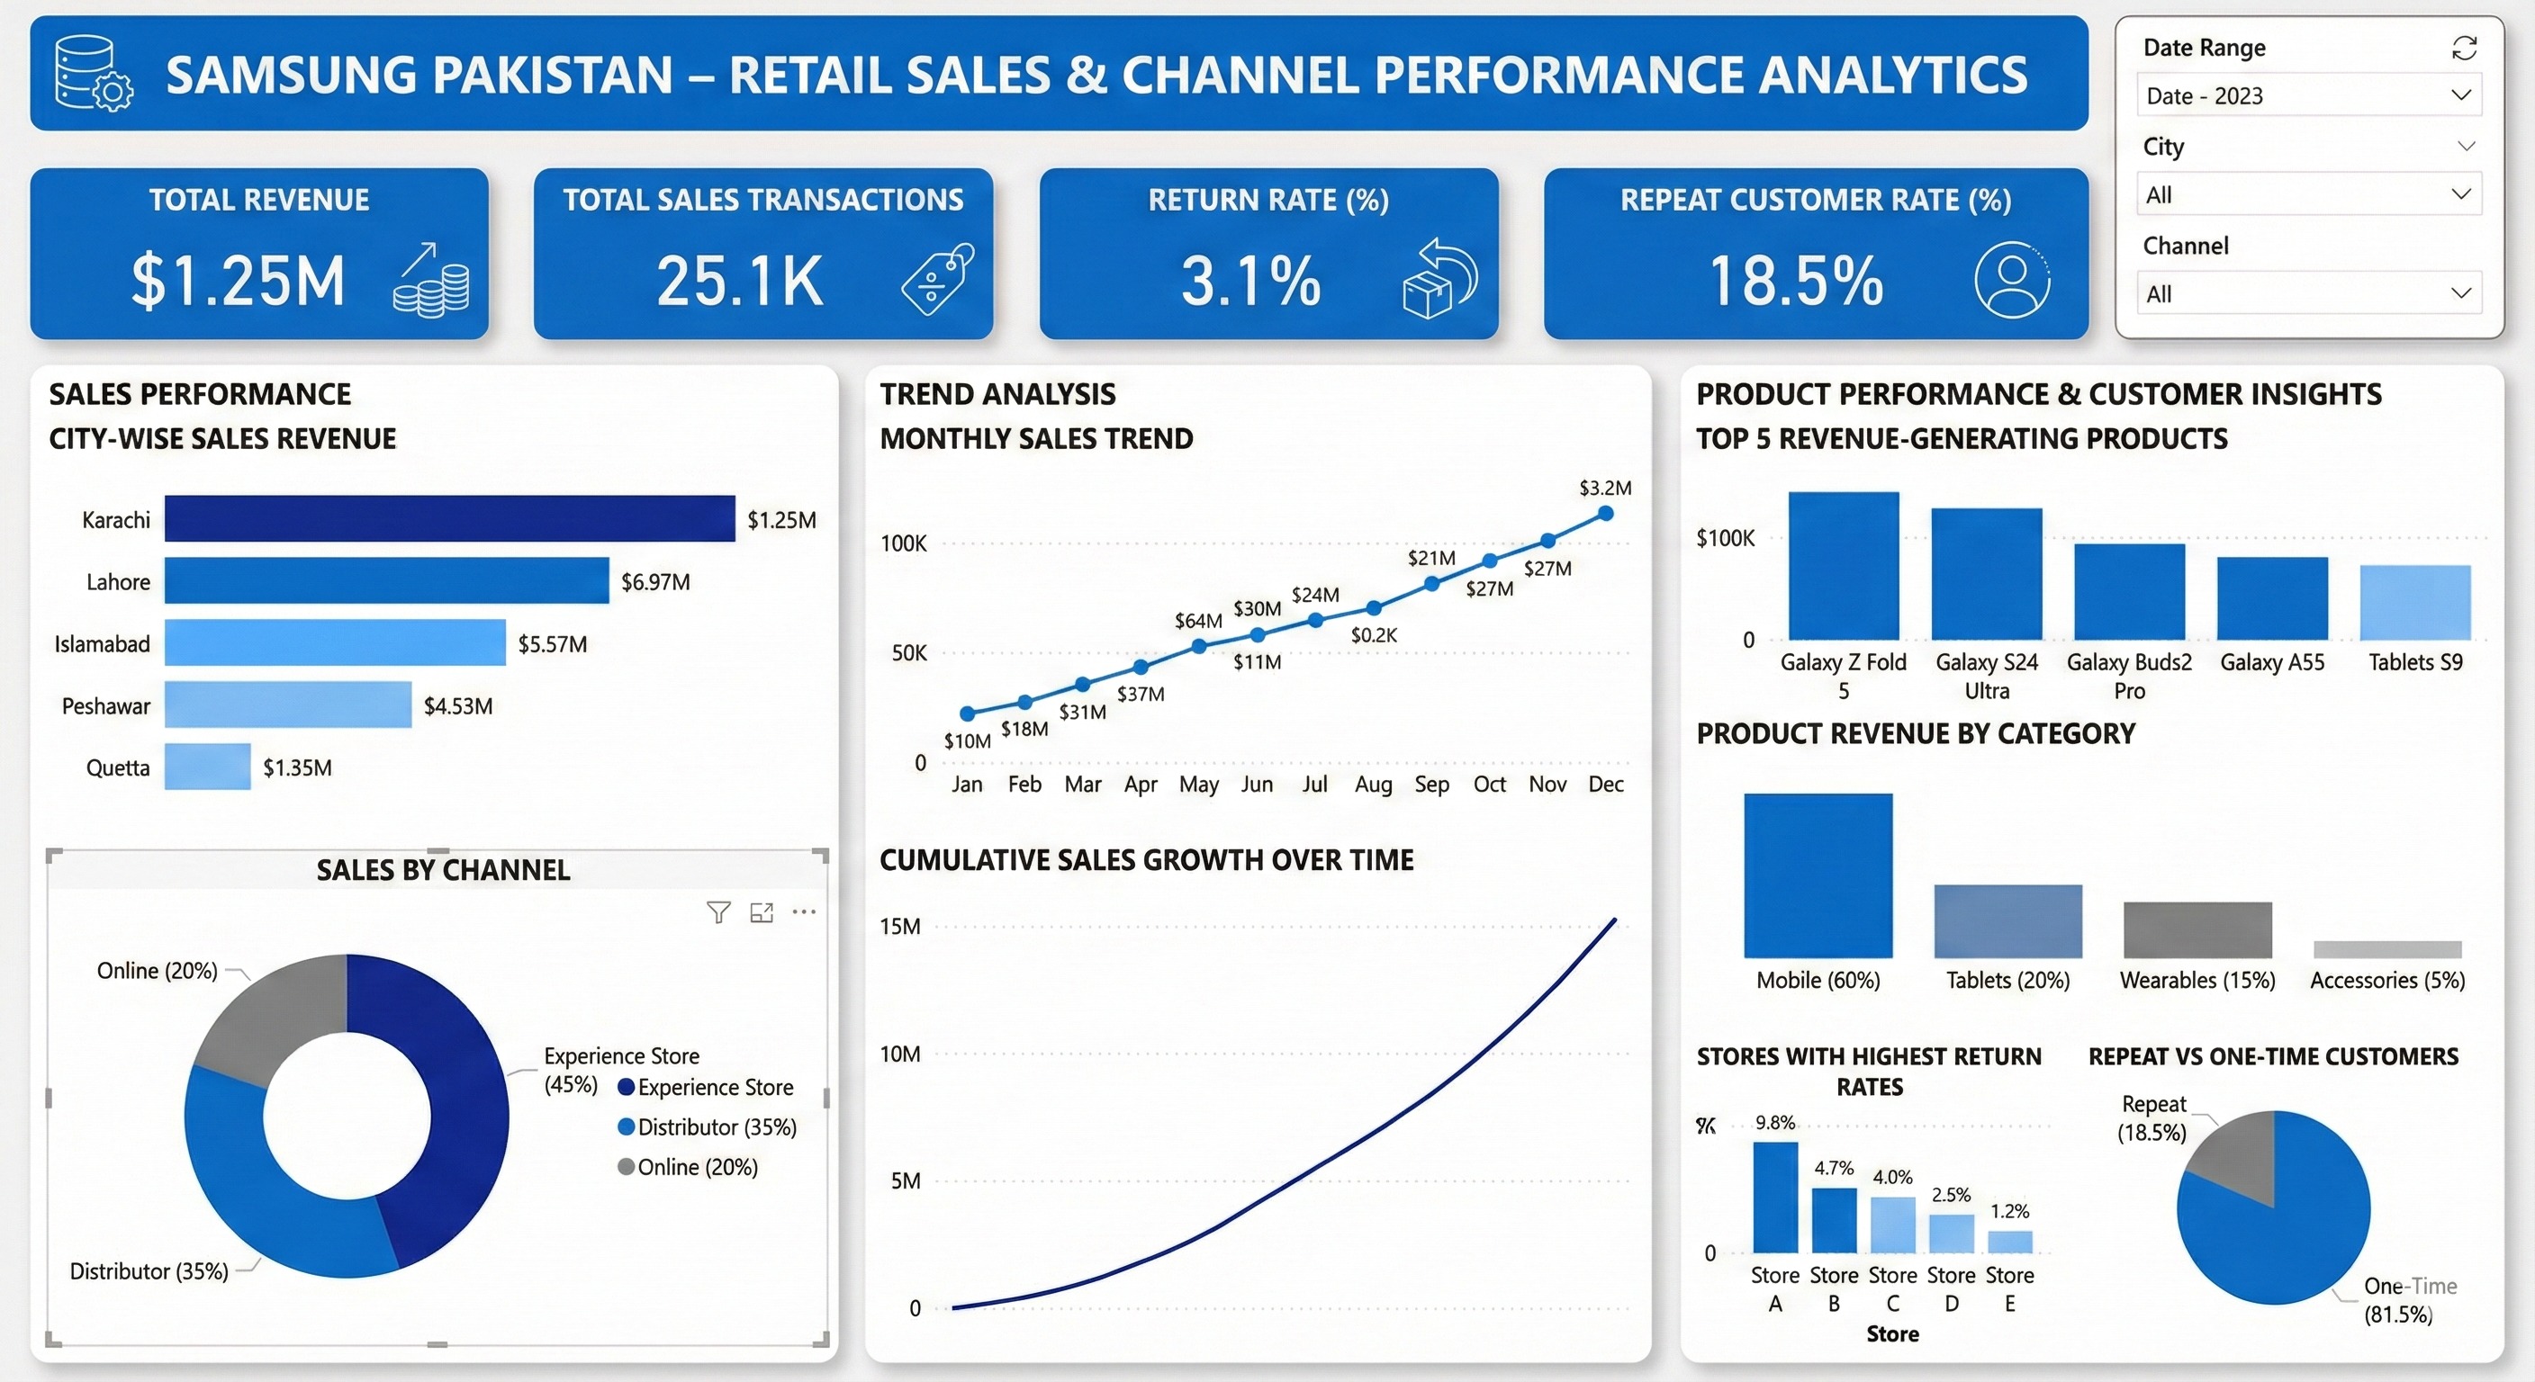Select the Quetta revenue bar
pos(208,767)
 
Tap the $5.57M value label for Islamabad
pos(552,644)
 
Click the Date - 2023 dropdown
pos(2307,95)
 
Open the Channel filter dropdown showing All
pos(2307,293)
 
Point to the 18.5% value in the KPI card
pos(1796,282)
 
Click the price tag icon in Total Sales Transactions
pos(937,281)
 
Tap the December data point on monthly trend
pos(1605,514)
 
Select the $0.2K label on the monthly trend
pos(1373,635)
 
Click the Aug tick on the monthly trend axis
pos(1373,784)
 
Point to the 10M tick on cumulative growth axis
pos(899,1054)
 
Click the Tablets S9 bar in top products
pos(2414,603)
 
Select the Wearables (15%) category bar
pos(2197,929)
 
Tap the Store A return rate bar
pos(1774,1197)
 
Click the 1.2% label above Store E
pos(2008,1211)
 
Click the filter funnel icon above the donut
pos(718,913)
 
